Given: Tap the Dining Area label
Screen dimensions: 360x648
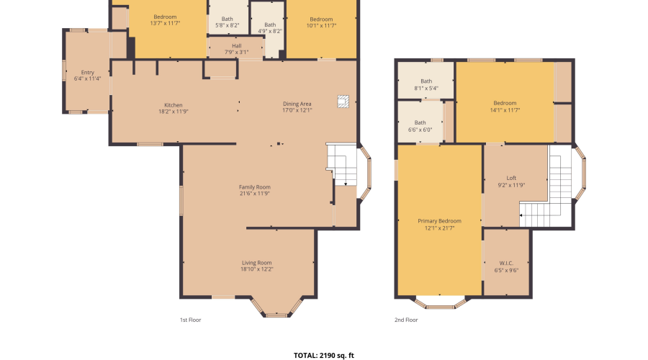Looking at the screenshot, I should [297, 107].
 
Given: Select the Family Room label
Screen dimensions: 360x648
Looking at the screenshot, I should [254, 190].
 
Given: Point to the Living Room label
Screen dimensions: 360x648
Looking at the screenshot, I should [256, 266].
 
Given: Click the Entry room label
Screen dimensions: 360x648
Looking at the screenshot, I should [87, 75].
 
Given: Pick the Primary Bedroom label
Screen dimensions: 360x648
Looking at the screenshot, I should [439, 224].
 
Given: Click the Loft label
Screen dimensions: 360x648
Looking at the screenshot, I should [511, 181].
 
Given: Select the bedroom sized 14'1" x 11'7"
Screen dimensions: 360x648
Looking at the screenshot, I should [505, 107].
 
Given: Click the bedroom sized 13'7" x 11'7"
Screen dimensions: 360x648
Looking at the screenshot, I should [165, 20].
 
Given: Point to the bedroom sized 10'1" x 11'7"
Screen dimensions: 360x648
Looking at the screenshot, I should [321, 22].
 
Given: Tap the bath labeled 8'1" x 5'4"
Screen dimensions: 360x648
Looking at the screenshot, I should [426, 85].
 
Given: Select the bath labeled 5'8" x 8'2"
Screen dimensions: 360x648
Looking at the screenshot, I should [228, 22].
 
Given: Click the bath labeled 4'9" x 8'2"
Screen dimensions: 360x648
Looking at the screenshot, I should [269, 27].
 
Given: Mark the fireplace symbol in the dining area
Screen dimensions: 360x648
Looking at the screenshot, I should [343, 102].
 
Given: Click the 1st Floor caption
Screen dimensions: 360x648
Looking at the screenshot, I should [191, 320].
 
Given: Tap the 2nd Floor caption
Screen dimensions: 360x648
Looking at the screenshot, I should [406, 320].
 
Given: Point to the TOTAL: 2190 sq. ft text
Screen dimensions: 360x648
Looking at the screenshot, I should [324, 355].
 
